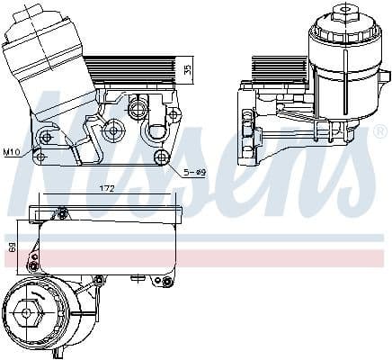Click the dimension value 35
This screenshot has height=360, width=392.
188,69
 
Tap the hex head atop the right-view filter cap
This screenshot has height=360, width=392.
344,13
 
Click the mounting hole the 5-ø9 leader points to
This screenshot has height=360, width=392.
161,158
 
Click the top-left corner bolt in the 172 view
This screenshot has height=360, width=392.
62,213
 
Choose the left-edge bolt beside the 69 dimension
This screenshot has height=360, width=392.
33,258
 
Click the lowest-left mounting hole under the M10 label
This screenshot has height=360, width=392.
40,157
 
